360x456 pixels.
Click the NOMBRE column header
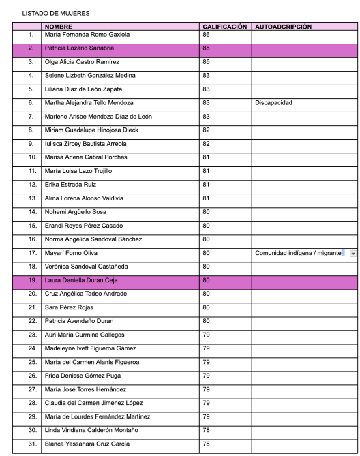click(59, 27)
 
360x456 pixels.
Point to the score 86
click(206, 33)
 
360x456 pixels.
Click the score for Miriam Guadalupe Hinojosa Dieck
click(206, 130)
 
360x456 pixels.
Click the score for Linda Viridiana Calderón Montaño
click(206, 429)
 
